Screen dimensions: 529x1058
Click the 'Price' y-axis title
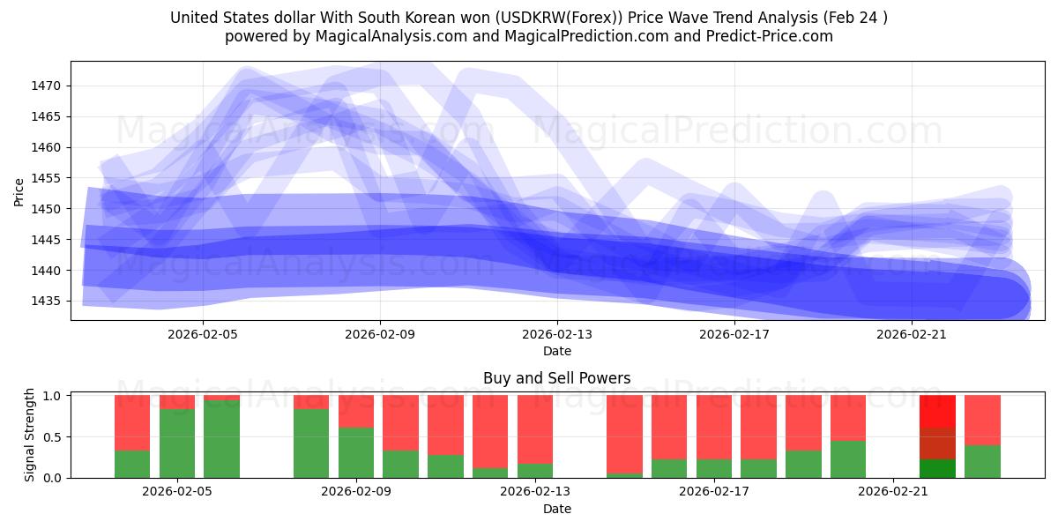pos(19,191)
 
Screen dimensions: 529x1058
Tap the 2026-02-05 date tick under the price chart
pos(203,334)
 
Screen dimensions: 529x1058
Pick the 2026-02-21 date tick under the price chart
pos(911,334)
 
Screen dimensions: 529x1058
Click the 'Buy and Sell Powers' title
pos(556,378)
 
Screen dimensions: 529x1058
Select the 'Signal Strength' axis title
pos(30,436)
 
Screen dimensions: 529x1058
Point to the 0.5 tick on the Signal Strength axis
pos(52,436)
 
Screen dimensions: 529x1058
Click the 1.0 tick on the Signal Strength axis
pos(52,396)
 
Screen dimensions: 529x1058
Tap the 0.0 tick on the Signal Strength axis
pos(52,478)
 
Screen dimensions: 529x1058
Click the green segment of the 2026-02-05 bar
pos(177,443)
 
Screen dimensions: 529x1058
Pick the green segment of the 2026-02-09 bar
pos(356,452)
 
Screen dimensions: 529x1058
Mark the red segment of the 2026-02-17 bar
pos(714,428)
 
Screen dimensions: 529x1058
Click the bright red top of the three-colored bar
pos(937,412)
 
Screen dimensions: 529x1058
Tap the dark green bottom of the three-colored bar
pos(937,469)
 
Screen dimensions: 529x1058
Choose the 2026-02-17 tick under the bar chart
pos(714,491)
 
